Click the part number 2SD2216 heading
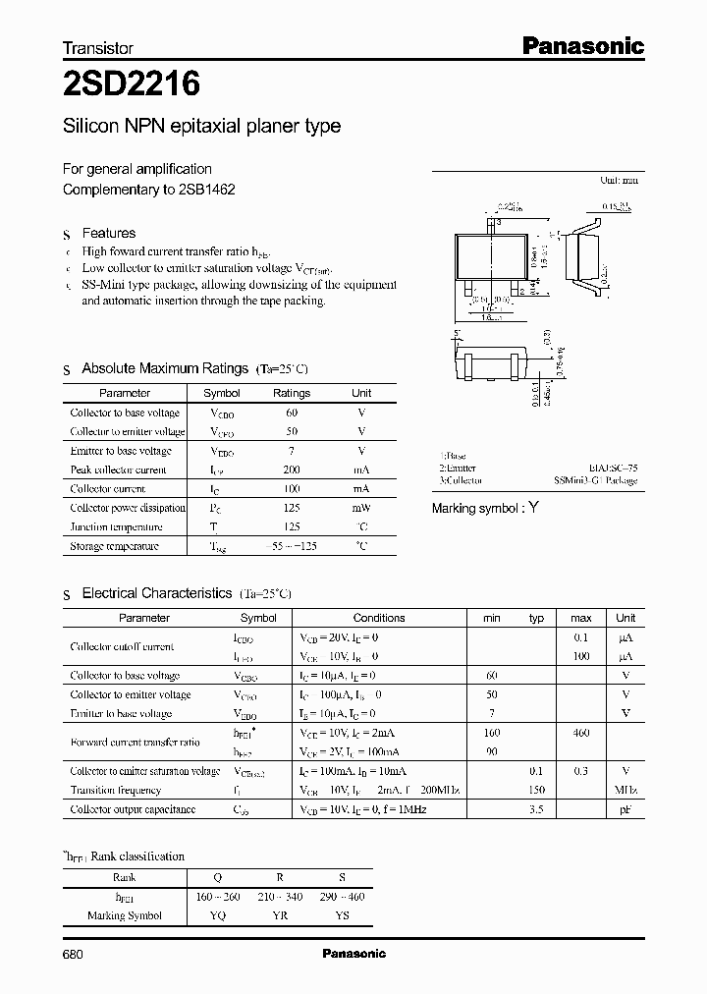[132, 85]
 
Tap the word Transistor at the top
[98, 48]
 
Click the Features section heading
[108, 234]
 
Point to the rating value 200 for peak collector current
[291, 469]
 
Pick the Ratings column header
[291, 393]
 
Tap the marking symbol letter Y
[534, 508]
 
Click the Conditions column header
[379, 618]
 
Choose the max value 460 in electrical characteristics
[581, 733]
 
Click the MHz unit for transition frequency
[625, 790]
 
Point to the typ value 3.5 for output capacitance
[536, 809]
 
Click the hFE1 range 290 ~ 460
[343, 897]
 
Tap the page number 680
[75, 954]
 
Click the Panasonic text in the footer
[354, 954]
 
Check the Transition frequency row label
[116, 790]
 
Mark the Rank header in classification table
[125, 877]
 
